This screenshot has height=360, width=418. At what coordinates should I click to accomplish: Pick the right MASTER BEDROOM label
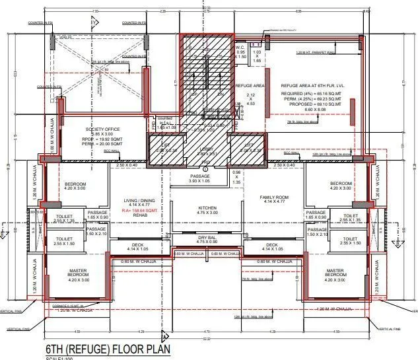(334, 271)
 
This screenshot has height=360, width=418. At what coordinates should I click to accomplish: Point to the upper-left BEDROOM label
(76, 183)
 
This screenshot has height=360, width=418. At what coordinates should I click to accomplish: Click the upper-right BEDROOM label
(341, 183)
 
